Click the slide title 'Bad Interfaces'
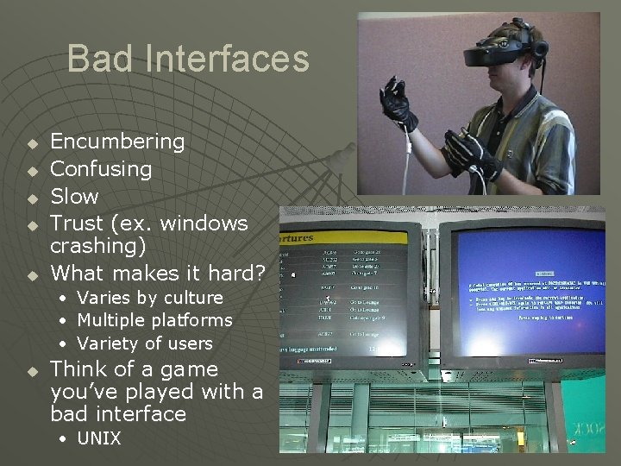click(187, 59)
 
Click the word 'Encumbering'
click(117, 141)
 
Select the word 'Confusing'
click(101, 168)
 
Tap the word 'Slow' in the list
click(75, 196)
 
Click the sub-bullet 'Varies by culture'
click(150, 298)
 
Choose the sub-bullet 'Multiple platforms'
click(154, 320)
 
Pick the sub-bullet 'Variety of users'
click(144, 343)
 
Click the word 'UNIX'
click(99, 438)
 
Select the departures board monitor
click(348, 293)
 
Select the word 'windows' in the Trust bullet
click(204, 224)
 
